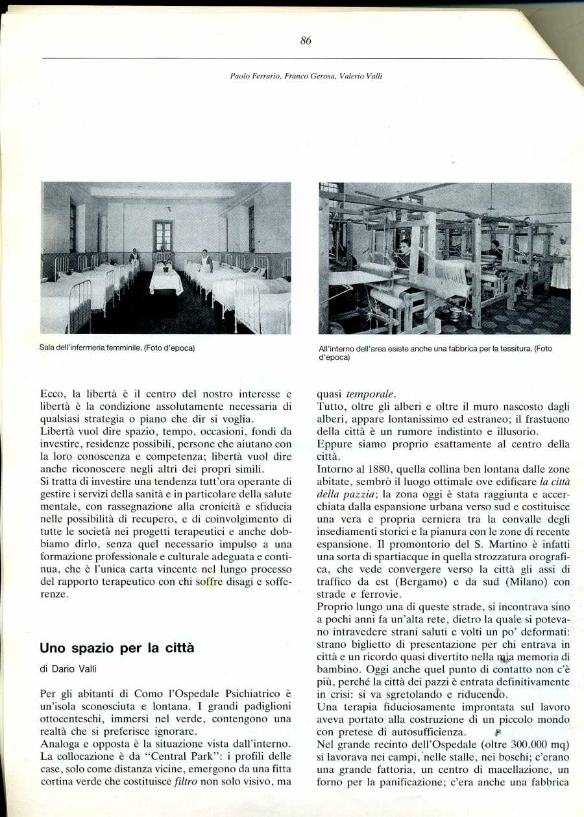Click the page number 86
pos(306,41)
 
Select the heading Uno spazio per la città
pos(117,648)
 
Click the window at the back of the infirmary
pos(163,235)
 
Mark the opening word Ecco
pos(55,394)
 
